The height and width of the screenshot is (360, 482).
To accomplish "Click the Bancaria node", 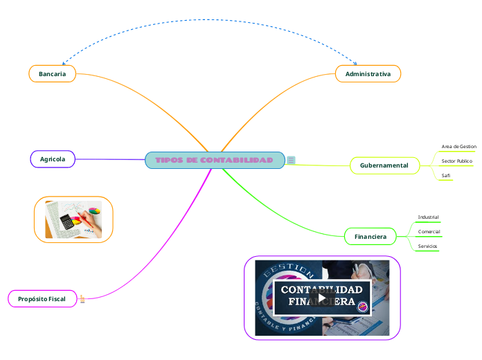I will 52,74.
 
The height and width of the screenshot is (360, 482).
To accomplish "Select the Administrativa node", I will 368,74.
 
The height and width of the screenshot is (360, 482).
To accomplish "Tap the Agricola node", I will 53,159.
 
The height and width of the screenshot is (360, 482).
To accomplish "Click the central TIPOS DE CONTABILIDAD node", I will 215,161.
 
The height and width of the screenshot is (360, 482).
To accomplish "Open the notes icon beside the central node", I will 291,161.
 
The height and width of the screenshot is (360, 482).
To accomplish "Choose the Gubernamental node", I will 385,165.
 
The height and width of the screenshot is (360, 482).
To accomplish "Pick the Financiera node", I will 371,237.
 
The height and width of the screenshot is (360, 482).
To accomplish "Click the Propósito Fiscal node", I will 42,299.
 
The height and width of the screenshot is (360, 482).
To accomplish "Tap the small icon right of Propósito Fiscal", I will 82,299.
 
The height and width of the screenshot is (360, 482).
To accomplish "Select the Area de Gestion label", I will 458,147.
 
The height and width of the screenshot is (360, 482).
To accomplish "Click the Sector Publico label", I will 456,161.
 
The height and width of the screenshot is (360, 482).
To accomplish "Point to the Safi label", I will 446,176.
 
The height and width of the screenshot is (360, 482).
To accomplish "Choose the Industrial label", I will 428,217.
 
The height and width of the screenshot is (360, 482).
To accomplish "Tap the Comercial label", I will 429,231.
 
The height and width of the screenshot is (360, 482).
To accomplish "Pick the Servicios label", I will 427,246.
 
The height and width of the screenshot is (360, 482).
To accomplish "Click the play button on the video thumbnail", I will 322,298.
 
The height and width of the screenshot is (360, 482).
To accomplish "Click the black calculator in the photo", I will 67,222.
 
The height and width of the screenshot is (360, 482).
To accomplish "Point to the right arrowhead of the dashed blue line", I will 355,63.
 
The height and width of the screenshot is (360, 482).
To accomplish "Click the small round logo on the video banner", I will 361,307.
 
